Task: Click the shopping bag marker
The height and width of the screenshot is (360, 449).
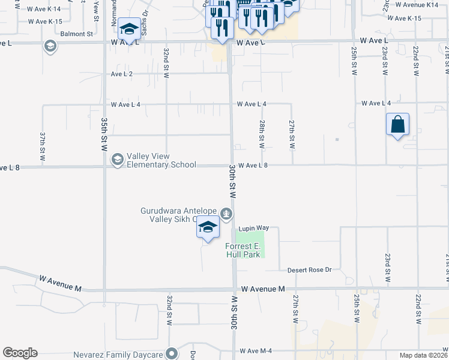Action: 397,125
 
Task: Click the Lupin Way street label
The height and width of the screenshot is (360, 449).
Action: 253,229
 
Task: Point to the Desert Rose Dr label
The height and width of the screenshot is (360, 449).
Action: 309,270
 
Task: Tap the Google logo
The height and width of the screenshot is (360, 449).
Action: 20,353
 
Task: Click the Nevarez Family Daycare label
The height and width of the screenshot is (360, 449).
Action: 118,355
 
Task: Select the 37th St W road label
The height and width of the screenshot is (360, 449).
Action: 43,146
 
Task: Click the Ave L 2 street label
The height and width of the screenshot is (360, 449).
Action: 122,74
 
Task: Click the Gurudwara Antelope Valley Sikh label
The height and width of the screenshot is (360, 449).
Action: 179,215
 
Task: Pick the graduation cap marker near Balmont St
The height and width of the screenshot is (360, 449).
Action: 129,28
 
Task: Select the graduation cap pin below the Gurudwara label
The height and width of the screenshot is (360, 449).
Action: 208,227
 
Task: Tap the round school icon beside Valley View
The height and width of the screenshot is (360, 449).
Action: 117,159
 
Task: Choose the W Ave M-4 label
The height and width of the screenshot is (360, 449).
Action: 257,350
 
